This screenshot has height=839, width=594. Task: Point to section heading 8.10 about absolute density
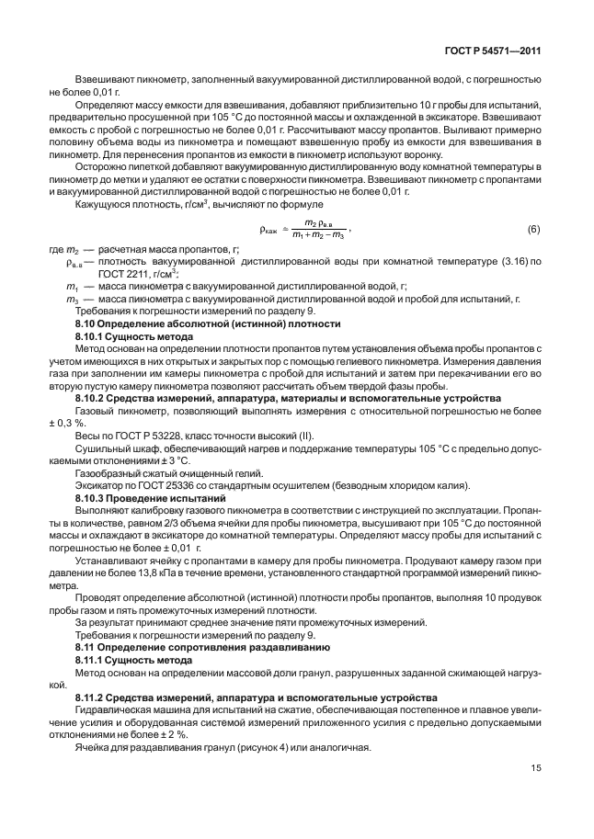click(207, 324)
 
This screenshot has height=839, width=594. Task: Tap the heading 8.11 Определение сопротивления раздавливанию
click(200, 648)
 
